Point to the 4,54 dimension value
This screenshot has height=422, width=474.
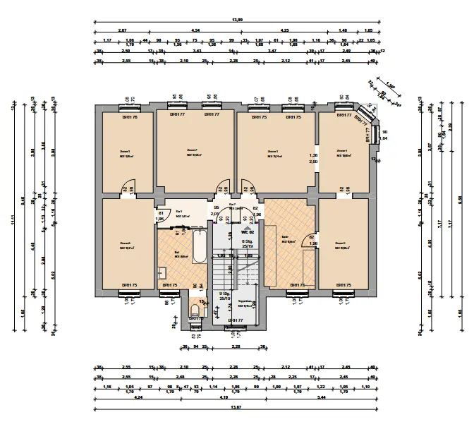point(195,31)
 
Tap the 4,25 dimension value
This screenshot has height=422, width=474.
point(284,31)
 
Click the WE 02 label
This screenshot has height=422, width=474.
point(247,231)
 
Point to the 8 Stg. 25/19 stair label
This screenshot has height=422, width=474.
point(247,244)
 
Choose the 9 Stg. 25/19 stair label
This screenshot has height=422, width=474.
point(225,296)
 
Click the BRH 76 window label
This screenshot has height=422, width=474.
point(130,117)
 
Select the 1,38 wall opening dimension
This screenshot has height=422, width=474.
point(313,155)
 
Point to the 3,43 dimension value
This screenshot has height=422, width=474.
point(197,52)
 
